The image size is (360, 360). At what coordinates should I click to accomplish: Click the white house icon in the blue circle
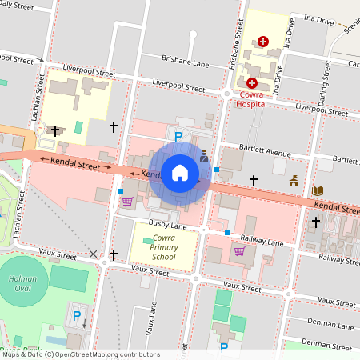[180, 173]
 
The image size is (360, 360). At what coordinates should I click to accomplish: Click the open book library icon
[318, 190]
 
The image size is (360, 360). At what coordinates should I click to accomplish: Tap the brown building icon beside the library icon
[294, 182]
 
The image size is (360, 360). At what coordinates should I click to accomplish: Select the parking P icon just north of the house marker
[178, 137]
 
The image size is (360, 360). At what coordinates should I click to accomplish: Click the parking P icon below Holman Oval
[77, 316]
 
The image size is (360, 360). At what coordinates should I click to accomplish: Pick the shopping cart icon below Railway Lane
[238, 250]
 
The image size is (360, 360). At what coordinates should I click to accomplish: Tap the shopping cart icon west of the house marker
[126, 202]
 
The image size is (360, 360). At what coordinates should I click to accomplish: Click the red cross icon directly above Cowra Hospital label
[251, 82]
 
